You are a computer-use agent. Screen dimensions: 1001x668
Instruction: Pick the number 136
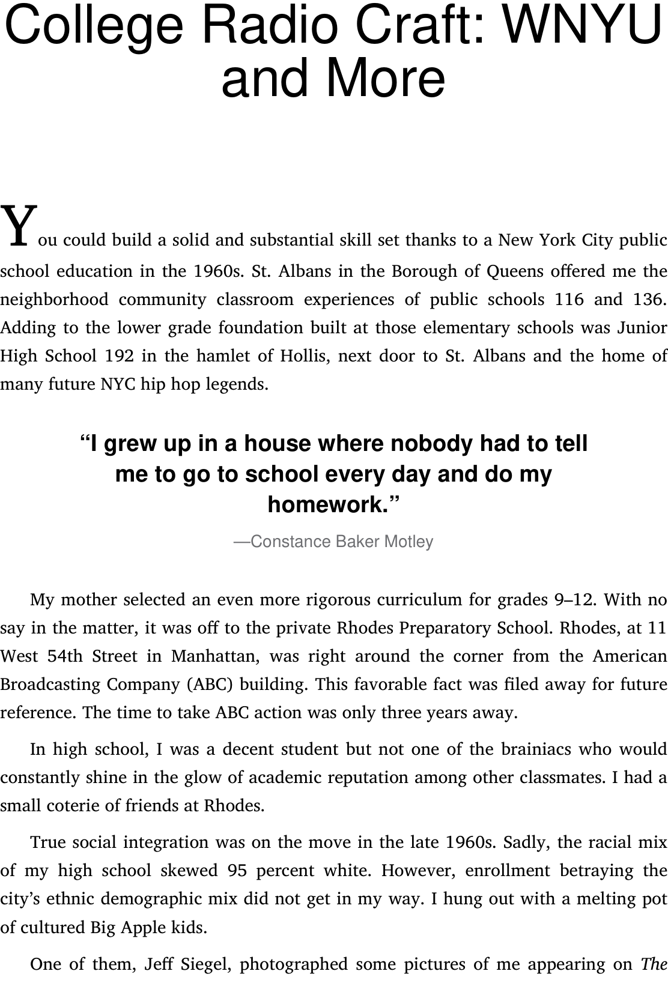click(x=650, y=299)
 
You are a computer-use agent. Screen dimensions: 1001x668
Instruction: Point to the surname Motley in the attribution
click(x=408, y=542)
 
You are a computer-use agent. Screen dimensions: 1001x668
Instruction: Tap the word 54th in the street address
click(x=65, y=656)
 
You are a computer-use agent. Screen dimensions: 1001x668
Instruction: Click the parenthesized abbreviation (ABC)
click(x=211, y=685)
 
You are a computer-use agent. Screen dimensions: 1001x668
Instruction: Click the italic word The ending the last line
click(x=654, y=965)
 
